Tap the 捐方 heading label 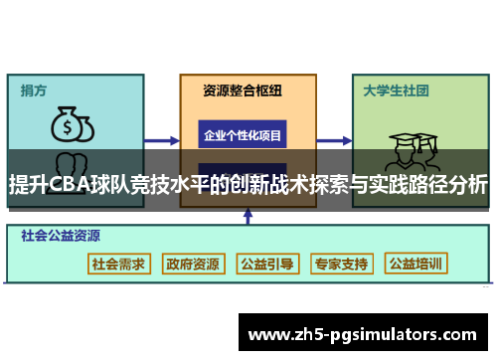click(x=34, y=90)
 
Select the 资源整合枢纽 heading click(x=243, y=90)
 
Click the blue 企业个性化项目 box click(x=243, y=134)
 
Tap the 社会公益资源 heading click(x=61, y=237)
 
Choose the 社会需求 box click(x=118, y=265)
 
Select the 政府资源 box click(x=193, y=265)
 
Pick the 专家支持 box click(x=341, y=265)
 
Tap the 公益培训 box click(x=416, y=265)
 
